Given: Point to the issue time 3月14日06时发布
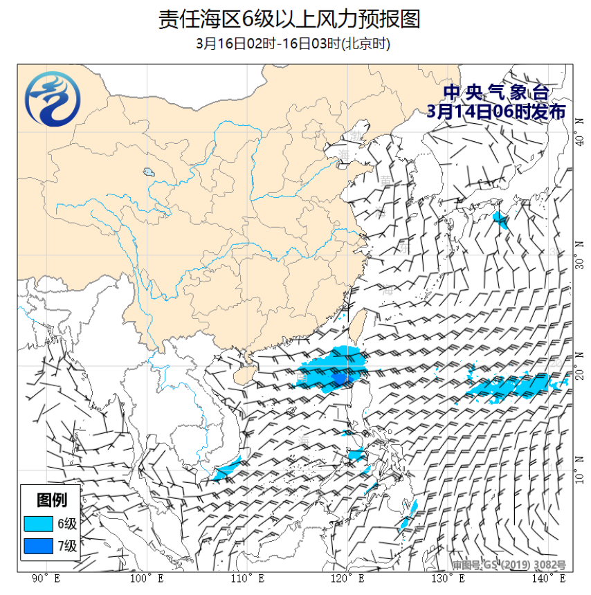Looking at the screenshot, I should pyautogui.click(x=496, y=111).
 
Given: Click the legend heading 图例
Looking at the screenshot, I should pyautogui.click(x=51, y=500).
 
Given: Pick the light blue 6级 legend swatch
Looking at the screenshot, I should pyautogui.click(x=38, y=523).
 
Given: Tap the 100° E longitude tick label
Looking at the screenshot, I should pyautogui.click(x=146, y=578).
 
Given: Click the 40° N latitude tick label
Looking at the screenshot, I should pyautogui.click(x=579, y=141).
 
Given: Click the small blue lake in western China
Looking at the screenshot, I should pyautogui.click(x=148, y=172).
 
